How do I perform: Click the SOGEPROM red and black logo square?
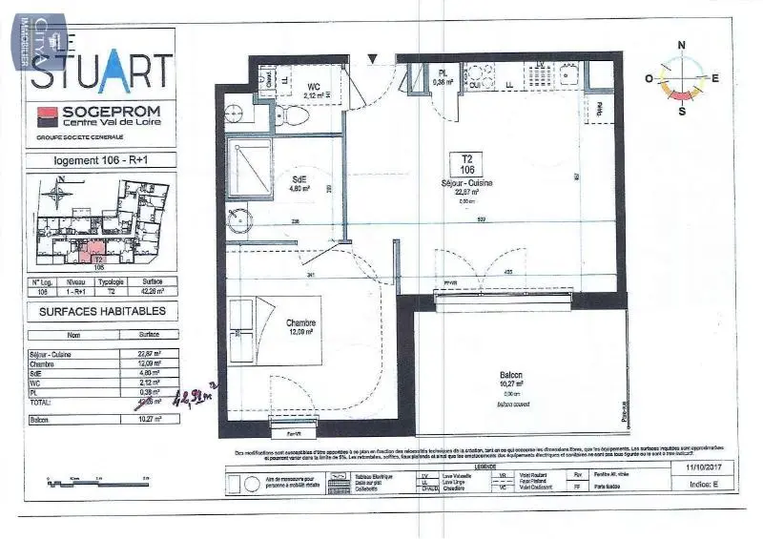pos(44,116)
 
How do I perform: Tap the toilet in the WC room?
pos(296,114)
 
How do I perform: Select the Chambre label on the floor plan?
pos(301,323)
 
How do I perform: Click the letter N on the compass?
pos(681,45)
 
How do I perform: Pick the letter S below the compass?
pos(682,111)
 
